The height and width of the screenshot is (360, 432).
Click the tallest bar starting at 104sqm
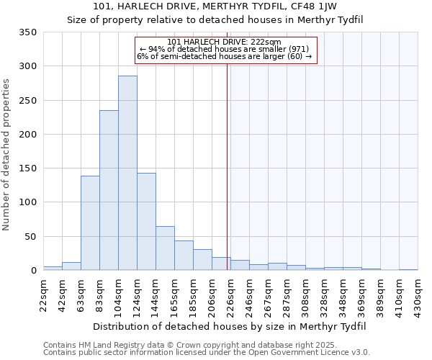[127, 173]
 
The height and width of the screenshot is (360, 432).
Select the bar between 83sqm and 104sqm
[109, 191]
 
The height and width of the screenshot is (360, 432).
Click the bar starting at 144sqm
[165, 248]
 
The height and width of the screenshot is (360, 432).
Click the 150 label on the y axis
[29, 168]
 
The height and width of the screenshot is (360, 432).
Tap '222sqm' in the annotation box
[269, 42]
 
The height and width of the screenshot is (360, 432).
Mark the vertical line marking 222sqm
[228, 166]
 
